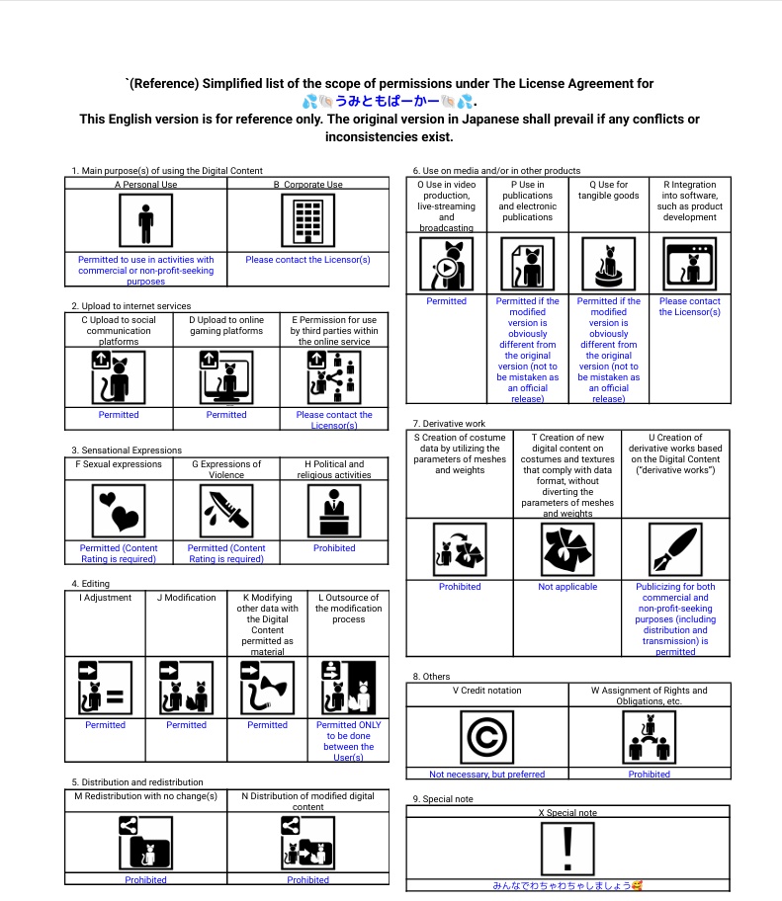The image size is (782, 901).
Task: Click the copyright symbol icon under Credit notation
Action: coord(487,738)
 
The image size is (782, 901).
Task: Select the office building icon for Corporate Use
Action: coord(307,219)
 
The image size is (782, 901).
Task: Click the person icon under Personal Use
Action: coord(145,219)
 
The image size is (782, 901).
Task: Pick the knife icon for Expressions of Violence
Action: coord(226,511)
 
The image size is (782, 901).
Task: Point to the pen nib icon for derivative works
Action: coord(675,548)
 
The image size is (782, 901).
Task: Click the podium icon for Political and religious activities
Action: coord(334,511)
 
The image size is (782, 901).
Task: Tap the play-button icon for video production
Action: coord(446,265)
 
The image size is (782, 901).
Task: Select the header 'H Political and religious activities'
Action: coord(334,469)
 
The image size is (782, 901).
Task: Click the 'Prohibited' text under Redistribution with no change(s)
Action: coord(145,879)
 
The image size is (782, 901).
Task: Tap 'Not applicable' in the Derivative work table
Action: coord(567,587)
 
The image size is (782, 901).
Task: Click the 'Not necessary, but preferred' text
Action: coord(487,775)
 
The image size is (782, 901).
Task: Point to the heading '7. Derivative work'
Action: coord(449,423)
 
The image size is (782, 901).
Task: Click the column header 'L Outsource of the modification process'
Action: coord(348,609)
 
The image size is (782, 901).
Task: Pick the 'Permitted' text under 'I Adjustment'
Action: coord(106,725)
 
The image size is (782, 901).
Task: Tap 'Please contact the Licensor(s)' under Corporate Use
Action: coord(307,260)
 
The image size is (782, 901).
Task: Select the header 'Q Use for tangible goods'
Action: coord(608,190)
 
